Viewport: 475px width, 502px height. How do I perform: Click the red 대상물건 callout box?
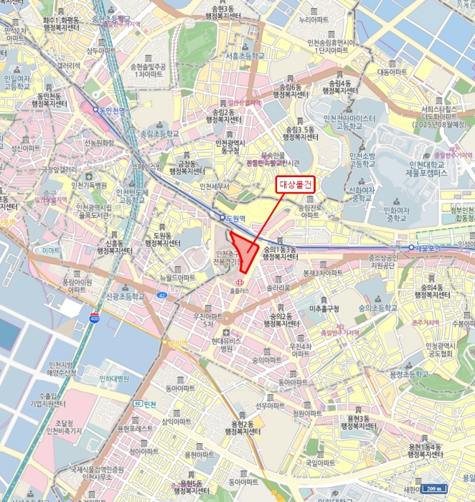pyautogui.click(x=296, y=184)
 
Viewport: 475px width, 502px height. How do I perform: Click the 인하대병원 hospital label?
pyautogui.click(x=115, y=378)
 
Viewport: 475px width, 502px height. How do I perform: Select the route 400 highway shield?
pyautogui.click(x=95, y=317)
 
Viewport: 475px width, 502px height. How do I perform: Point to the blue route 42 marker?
pyautogui.click(x=163, y=295)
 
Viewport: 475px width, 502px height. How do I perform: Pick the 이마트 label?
pyautogui.click(x=52, y=251)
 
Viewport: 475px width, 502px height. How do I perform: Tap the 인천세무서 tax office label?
pyautogui.click(x=214, y=186)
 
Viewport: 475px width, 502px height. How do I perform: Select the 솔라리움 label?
pyautogui.click(x=278, y=288)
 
